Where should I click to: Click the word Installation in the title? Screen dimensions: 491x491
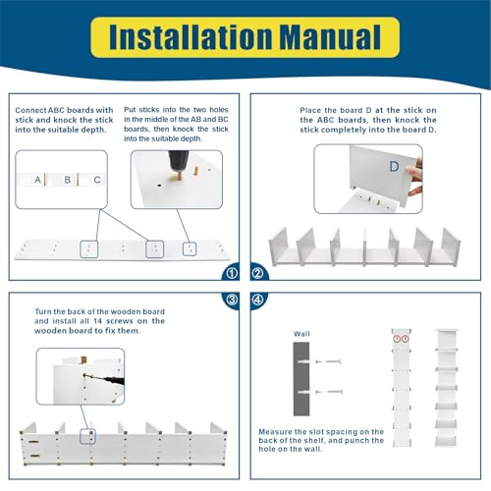pos(191,37)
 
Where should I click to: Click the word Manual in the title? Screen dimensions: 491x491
pos(331,37)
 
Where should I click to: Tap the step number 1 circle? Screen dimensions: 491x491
pos(232,273)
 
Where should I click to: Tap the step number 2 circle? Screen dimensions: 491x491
pos(258,273)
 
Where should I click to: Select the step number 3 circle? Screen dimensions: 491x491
pos(232,300)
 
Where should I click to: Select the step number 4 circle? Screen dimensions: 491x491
pos(258,300)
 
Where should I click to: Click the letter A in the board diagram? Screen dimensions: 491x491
pos(37,180)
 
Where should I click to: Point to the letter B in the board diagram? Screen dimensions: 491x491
pos(68,180)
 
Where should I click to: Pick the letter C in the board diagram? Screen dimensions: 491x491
pos(97,180)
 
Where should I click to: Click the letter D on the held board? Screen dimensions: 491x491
pos(394,167)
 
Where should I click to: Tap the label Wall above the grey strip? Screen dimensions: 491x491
pos(301,334)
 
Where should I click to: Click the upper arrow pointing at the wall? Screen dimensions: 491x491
pos(328,361)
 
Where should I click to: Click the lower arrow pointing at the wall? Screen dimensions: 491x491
pos(329,392)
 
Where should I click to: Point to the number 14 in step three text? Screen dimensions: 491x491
pos(97,321)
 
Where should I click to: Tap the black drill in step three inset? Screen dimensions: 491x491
pos(114,380)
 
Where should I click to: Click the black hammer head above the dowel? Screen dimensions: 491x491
pos(179,163)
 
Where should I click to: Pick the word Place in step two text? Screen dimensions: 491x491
pos(310,110)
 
